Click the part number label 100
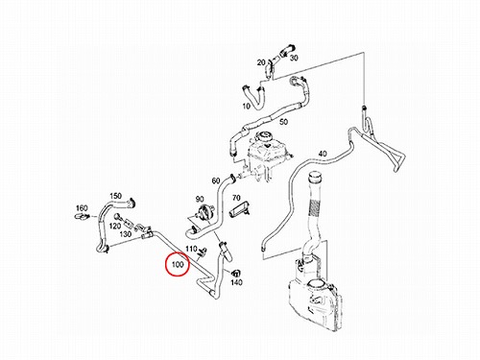(178, 265)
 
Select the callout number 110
(191, 249)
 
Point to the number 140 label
(236, 282)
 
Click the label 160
(82, 208)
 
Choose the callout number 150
(115, 196)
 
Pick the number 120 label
(115, 227)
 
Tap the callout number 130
(126, 234)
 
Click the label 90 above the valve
(200, 200)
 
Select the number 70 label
(236, 198)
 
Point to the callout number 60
(216, 180)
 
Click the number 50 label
(283, 122)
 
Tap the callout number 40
(323, 154)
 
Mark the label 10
(247, 106)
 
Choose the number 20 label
(261, 62)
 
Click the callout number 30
(294, 58)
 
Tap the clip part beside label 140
(236, 273)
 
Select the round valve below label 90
(202, 211)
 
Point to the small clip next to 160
(82, 217)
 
